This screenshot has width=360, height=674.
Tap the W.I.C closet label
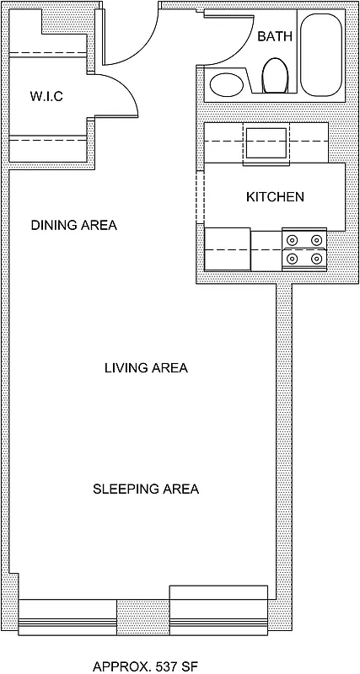(46, 97)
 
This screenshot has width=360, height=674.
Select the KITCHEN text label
(275, 197)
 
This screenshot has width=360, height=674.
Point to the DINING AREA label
(73, 226)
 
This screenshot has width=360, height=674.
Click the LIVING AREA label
(146, 368)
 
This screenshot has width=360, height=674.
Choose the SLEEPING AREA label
(146, 489)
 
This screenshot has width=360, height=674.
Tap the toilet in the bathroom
(275, 76)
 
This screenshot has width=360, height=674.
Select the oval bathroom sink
(226, 84)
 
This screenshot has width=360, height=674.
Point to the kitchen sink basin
(266, 142)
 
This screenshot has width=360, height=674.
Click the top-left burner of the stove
(293, 240)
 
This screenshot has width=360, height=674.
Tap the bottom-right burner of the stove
(317, 259)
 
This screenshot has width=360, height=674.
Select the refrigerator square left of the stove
(228, 249)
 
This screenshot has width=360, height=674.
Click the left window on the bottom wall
(67, 617)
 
